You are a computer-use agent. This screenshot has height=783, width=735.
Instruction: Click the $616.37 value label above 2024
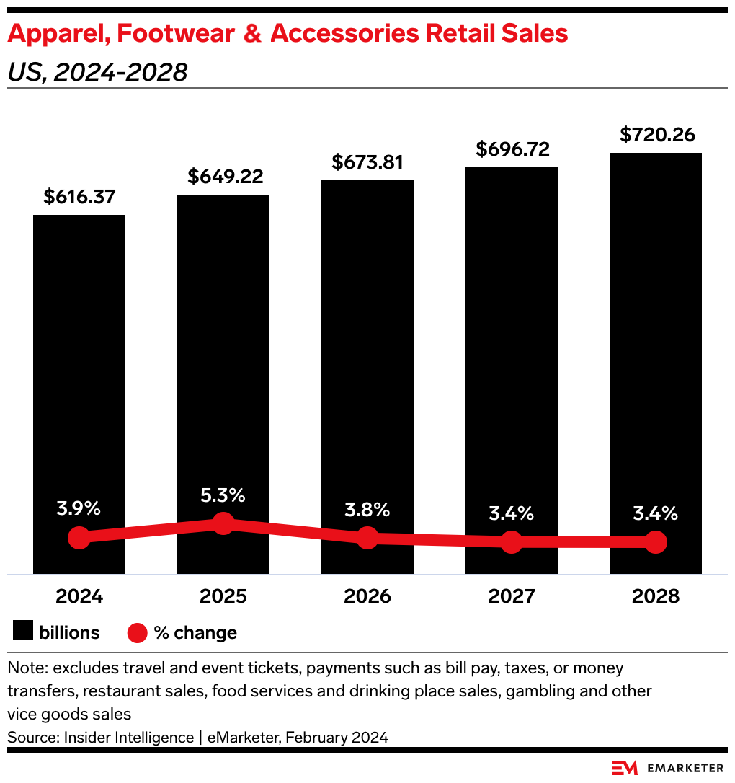coord(79,197)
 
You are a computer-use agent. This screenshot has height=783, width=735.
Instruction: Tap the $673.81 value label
coord(367,162)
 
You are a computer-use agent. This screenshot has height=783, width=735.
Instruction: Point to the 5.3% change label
coord(223,496)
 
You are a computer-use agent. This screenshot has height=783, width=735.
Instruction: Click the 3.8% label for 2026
coord(367,510)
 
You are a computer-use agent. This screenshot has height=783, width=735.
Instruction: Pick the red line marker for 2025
coord(223,523)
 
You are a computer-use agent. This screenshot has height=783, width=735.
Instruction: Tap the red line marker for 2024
coord(79,538)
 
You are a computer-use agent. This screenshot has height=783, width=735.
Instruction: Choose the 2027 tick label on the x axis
coord(512,596)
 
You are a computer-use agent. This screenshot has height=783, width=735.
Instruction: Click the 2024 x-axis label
coord(79,596)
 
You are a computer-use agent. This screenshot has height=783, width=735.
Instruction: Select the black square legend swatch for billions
coord(23,632)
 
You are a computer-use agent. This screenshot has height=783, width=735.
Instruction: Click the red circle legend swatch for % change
coord(138,633)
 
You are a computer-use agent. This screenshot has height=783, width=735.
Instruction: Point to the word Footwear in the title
coord(170,33)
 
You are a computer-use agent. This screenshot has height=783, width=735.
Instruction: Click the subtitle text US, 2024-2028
coord(97,72)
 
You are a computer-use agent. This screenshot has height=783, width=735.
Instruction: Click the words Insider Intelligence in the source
coord(128,737)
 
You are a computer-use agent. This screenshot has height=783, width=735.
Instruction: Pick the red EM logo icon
coord(625,768)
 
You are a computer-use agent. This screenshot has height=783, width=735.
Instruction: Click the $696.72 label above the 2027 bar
coord(512,149)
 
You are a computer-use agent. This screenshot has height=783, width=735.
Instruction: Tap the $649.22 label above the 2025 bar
coord(223,177)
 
